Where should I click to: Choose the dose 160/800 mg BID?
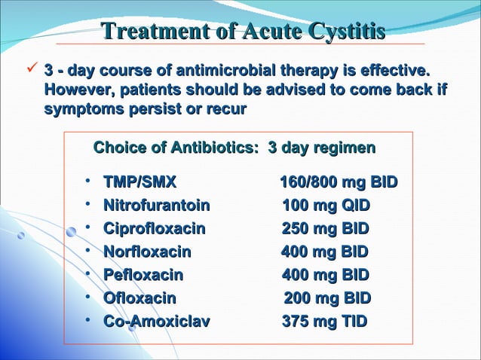[339, 182]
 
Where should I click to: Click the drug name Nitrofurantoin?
[157, 206]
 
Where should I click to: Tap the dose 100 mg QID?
[326, 206]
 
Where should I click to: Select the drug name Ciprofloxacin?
[155, 229]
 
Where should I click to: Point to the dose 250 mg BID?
[326, 229]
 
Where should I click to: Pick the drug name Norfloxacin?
[147, 252]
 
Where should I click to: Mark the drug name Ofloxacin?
[139, 298]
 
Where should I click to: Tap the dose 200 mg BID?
[327, 298]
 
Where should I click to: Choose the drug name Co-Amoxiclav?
[157, 322]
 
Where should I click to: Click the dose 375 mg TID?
[324, 322]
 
